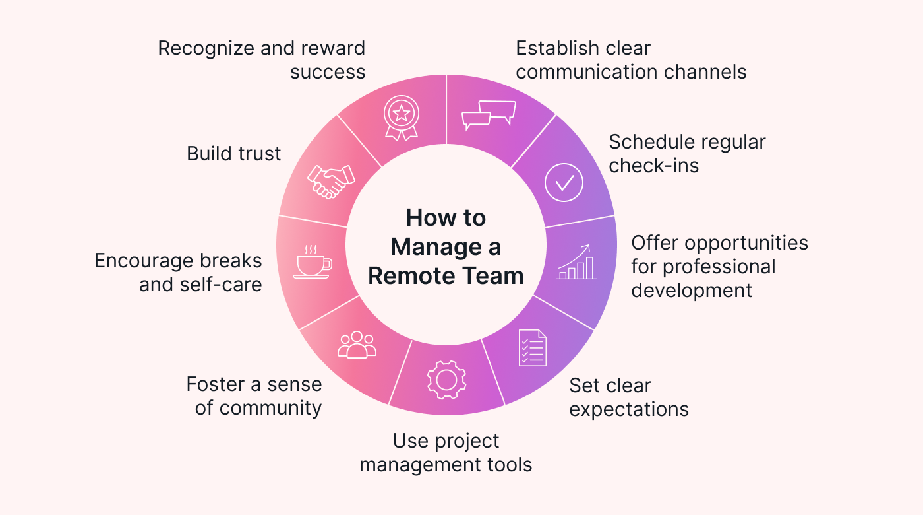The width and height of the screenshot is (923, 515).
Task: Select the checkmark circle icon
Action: coord(564,182)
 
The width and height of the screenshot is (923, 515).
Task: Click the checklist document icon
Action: coord(532,347)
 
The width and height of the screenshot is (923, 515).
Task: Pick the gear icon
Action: coord(446,379)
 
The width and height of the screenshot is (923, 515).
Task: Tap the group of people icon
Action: coord(357,345)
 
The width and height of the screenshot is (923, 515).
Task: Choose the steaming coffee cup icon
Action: coord(312,262)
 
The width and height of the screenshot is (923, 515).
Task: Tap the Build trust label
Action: coord(234,154)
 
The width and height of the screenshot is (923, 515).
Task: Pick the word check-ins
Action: coord(653,165)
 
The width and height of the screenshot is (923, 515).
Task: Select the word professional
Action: coord(719,267)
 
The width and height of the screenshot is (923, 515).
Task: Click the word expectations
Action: coord(629,409)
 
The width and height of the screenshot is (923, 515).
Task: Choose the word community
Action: coord(270,408)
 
